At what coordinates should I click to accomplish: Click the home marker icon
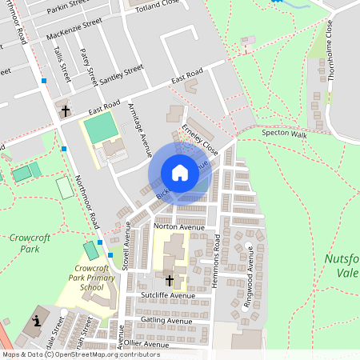click(179, 172)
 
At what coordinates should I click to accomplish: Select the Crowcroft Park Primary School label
click(91, 278)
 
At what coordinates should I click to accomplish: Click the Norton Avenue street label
click(179, 227)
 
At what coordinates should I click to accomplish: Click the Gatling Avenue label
click(167, 319)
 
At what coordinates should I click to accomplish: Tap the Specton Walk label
click(285, 134)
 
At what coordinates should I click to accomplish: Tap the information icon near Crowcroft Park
click(37, 322)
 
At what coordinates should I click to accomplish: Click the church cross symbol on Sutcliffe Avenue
click(169, 280)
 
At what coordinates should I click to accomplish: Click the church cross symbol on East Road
click(64, 110)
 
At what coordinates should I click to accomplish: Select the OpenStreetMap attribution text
click(80, 354)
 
